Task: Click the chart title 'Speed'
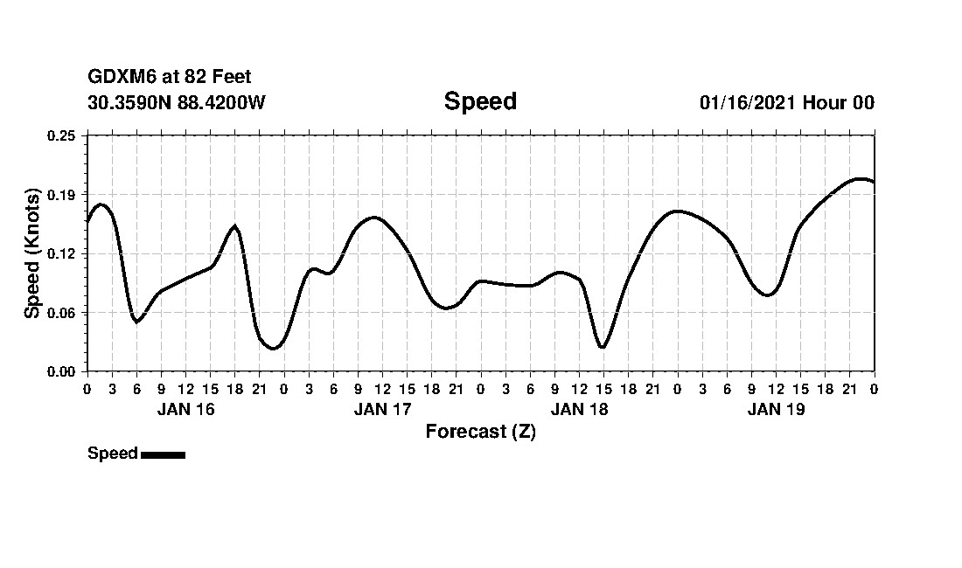[480, 101]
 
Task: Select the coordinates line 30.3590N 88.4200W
[177, 102]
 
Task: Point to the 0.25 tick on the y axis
[62, 135]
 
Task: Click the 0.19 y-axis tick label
[62, 194]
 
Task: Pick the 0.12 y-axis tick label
[62, 253]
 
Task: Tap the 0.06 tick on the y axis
[62, 313]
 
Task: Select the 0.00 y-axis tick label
[62, 371]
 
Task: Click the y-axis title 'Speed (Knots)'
[32, 253]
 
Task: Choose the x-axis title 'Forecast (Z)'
[480, 431]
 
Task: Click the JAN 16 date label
[185, 409]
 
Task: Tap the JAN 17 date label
[382, 409]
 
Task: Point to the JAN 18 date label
[579, 409]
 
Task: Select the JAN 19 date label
[776, 409]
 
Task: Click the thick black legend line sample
[163, 454]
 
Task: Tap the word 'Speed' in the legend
[113, 454]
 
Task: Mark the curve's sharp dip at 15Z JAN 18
[602, 347]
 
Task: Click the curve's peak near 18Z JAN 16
[234, 226]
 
